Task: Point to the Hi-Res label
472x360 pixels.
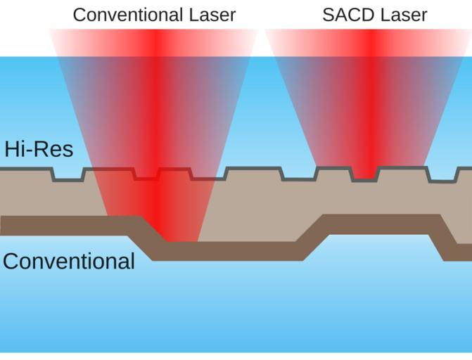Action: click(38, 149)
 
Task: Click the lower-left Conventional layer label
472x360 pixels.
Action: click(68, 261)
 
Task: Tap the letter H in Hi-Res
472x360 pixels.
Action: click(11, 149)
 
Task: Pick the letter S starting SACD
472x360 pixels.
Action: click(328, 14)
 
